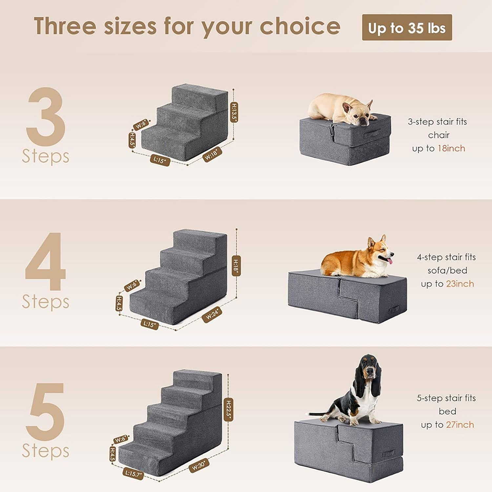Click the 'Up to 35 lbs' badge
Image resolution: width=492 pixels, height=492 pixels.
(x=407, y=28)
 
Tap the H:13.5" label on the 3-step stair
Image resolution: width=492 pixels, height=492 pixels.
(x=234, y=112)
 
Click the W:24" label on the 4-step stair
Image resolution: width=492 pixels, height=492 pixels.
(x=212, y=315)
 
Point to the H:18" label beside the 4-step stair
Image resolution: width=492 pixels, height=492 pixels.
(x=236, y=265)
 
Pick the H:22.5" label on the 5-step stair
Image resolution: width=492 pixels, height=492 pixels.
(x=229, y=410)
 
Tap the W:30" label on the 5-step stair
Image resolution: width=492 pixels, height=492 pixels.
(x=199, y=465)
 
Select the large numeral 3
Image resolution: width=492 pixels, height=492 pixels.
(x=46, y=116)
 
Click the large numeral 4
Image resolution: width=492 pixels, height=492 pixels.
(x=46, y=261)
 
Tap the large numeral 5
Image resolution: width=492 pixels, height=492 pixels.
(x=46, y=412)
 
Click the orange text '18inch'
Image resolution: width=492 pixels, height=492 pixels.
(x=451, y=149)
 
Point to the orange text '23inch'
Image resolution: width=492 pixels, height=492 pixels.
(x=460, y=284)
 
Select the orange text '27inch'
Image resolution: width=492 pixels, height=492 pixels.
(x=460, y=425)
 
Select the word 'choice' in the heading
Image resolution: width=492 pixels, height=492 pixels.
(x=300, y=26)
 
